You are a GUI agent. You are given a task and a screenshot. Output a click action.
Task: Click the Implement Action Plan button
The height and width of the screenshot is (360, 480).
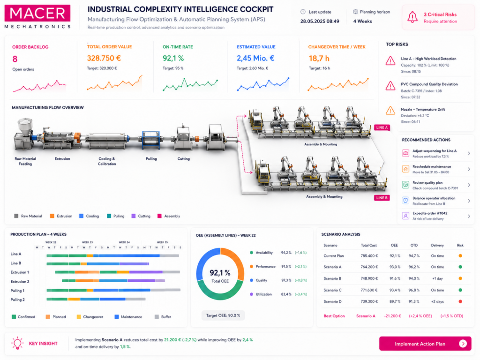tap(425, 344)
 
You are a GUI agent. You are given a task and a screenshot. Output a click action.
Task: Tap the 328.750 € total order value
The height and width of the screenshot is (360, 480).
tap(104, 58)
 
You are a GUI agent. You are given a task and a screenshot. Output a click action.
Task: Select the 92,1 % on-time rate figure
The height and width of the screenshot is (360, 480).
tap(173, 58)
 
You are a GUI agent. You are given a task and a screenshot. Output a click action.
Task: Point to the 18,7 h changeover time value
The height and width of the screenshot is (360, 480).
tap(319, 59)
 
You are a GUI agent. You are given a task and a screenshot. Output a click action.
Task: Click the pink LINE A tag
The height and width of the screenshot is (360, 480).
tap(382, 127)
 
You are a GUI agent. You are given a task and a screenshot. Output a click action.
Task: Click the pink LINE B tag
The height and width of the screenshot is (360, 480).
tap(382, 198)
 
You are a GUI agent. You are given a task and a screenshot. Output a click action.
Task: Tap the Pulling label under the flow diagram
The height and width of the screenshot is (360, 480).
tap(151, 158)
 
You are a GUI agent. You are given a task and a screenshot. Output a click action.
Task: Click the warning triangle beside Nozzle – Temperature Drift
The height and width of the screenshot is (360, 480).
tap(390, 110)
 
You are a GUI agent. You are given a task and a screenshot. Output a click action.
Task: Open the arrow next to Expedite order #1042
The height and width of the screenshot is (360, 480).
tap(469, 216)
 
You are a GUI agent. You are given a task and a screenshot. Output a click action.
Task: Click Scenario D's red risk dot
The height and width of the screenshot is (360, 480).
tap(460, 301)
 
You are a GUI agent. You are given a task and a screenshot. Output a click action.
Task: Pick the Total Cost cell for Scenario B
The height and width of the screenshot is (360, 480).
tap(369, 278)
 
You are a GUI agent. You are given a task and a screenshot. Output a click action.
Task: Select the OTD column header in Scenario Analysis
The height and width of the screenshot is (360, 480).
tap(414, 245)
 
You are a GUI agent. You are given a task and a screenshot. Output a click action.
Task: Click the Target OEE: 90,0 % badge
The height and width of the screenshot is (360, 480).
tap(223, 315)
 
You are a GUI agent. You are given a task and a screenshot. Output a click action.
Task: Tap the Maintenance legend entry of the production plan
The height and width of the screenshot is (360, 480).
tap(128, 317)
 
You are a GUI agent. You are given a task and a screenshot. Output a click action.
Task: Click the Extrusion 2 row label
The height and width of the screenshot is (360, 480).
tap(20, 281)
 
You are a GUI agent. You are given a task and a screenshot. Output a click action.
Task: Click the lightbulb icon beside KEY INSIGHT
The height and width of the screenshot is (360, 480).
tap(17, 343)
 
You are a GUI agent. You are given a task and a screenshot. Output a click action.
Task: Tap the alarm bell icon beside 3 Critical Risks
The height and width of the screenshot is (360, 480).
tap(412, 17)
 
